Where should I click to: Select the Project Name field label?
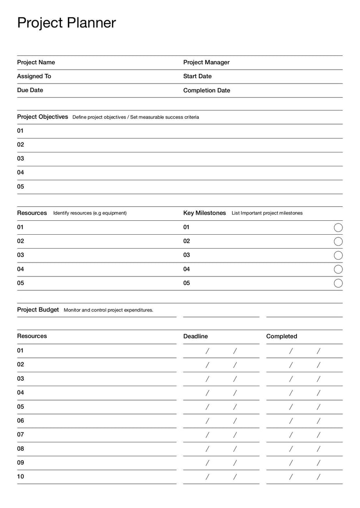pos(36,62)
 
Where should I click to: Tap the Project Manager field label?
pos(206,62)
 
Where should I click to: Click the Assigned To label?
pos(34,76)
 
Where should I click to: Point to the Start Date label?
pos(197,76)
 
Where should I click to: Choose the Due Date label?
pos(30,90)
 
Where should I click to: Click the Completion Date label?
pos(207,90)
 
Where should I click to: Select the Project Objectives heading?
pos(42,117)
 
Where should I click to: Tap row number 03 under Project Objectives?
pos(21,159)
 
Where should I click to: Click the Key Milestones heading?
pos(204,213)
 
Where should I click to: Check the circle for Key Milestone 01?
pos(338,227)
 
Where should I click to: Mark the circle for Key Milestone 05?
pos(338,283)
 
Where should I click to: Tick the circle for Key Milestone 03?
pos(338,255)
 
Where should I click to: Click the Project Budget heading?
pos(38,310)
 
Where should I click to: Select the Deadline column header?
pos(195,336)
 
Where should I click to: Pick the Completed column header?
pos(282,336)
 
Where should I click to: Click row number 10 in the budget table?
pos(21,477)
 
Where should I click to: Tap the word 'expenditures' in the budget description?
pos(137,310)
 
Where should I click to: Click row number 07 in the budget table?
pos(21,435)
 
